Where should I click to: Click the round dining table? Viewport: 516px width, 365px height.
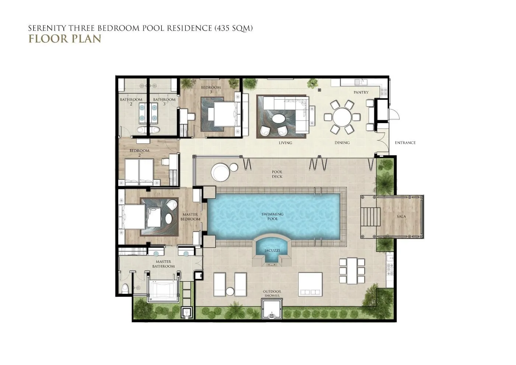[342, 117]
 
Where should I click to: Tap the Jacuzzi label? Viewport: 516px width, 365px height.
[272, 250]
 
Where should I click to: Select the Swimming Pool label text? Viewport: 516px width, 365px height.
[272, 216]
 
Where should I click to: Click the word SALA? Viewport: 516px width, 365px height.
[401, 217]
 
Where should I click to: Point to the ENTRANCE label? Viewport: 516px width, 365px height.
[405, 143]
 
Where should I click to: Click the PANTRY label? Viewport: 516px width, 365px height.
[361, 92]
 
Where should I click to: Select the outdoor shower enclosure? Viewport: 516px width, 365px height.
[272, 309]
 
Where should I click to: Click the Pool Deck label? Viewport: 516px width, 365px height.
[277, 174]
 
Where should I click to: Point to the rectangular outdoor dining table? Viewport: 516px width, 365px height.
[352, 271]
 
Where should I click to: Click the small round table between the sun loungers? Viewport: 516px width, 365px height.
[230, 292]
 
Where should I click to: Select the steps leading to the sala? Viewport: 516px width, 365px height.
[370, 217]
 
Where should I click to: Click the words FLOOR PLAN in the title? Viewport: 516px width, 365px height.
[65, 39]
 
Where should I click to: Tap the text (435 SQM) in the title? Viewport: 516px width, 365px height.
[234, 28]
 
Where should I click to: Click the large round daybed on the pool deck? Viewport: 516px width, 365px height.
[220, 172]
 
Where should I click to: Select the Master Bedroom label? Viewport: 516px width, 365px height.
[190, 217]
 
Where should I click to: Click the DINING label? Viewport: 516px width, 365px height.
[342, 143]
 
